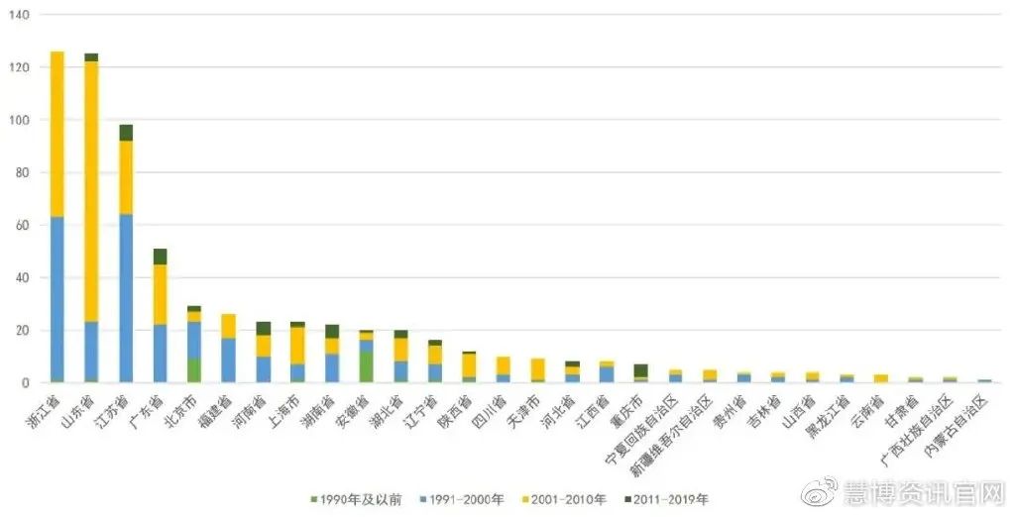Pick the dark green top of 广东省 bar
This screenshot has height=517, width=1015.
click(x=160, y=257)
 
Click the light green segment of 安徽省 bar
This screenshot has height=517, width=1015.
click(x=366, y=366)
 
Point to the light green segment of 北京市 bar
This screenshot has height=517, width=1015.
click(x=194, y=370)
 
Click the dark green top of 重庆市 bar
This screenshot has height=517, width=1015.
click(x=640, y=370)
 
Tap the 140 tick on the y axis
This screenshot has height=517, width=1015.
click(x=19, y=15)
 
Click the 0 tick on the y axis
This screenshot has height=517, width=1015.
click(x=26, y=382)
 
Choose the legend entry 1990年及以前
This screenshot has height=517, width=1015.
click(x=356, y=499)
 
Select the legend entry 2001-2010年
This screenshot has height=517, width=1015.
click(x=564, y=499)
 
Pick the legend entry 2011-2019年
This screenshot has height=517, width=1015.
click(x=669, y=499)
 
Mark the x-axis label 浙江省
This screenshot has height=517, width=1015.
click(x=45, y=412)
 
